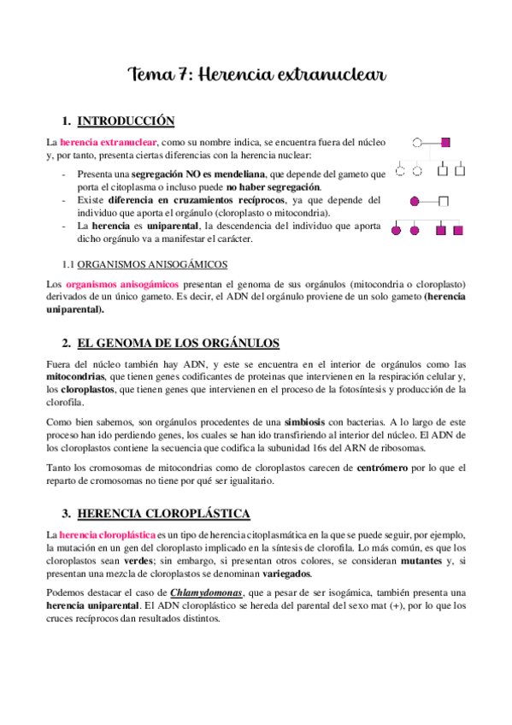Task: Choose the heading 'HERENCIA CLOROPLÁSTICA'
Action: pos(163,514)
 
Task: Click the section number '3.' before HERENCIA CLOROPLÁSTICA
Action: pos(66,514)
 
